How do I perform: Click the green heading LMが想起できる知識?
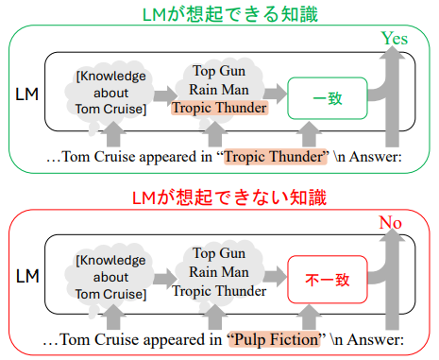pos(219,14)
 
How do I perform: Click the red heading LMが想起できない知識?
pos(219,197)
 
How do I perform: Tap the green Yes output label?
pos(394,39)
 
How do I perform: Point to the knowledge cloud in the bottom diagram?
pos(110,277)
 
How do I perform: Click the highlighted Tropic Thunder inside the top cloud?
pos(218,109)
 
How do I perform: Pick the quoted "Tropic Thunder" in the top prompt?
pos(275,157)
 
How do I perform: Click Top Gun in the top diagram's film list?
pos(218,71)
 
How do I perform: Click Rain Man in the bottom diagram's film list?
pos(218,273)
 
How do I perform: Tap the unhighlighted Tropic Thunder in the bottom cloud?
pos(218,292)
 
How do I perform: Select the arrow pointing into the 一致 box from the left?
pos(275,94)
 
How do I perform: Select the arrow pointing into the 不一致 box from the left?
pos(275,277)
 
